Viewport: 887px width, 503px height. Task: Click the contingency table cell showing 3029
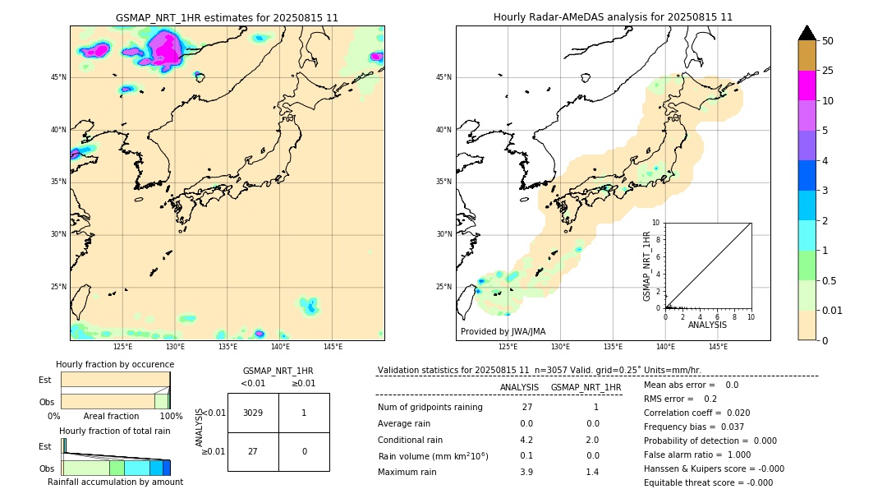click(253, 413)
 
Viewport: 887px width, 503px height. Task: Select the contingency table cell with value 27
click(253, 451)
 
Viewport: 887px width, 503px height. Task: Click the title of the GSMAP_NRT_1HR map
click(227, 17)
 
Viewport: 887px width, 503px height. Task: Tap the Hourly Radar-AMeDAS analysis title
click(613, 17)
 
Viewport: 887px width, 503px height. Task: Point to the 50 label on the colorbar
click(828, 41)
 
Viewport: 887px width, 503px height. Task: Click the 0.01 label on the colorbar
click(833, 310)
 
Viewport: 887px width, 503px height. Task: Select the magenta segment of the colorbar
click(807, 85)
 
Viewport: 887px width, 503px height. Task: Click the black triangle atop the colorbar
click(807, 33)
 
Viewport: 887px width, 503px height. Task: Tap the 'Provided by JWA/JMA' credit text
click(503, 332)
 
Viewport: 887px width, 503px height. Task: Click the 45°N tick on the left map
click(58, 77)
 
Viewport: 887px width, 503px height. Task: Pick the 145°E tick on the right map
click(718, 347)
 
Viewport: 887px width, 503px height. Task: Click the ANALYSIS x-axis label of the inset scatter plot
click(707, 325)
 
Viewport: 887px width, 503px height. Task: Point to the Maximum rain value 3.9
click(526, 472)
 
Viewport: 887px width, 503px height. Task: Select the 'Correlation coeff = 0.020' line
click(696, 413)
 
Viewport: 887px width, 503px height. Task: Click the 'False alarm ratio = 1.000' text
click(697, 455)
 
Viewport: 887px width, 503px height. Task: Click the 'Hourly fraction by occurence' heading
click(115, 364)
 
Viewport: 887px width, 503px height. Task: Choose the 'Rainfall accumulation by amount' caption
click(115, 482)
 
